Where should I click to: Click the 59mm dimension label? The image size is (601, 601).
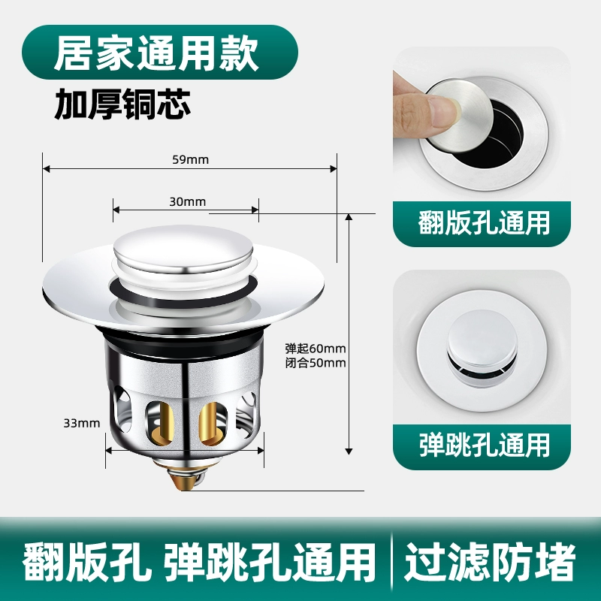pyautogui.click(x=191, y=159)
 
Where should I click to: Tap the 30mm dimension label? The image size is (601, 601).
pyautogui.click(x=187, y=201)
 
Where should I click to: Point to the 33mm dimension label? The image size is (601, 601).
pyautogui.click(x=82, y=423)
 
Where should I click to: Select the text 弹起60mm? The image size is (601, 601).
pyautogui.click(x=316, y=349)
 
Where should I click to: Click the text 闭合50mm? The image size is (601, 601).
pyautogui.click(x=316, y=363)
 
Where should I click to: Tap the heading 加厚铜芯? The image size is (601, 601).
pyautogui.click(x=122, y=104)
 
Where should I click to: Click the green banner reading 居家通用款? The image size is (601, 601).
pyautogui.click(x=160, y=52)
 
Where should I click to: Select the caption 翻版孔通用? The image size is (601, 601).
pyautogui.click(x=483, y=222)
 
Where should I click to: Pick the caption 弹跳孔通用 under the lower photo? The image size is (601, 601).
pyautogui.click(x=484, y=445)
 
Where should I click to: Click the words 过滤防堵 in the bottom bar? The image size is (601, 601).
pyautogui.click(x=490, y=561)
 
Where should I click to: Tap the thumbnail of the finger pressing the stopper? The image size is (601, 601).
pyautogui.click(x=482, y=124)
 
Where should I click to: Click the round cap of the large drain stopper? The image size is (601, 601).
pyautogui.click(x=183, y=249)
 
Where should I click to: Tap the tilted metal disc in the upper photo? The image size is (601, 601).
pyautogui.click(x=458, y=114)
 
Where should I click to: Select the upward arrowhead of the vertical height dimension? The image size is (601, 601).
pyautogui.click(x=349, y=218)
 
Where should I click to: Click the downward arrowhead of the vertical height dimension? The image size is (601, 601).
pyautogui.click(x=349, y=451)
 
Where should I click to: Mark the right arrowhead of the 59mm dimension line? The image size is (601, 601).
pyautogui.click(x=333, y=168)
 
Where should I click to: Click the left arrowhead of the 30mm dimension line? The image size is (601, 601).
pyautogui.click(x=116, y=210)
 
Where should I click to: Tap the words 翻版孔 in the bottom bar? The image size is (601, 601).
pyautogui.click(x=85, y=561)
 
